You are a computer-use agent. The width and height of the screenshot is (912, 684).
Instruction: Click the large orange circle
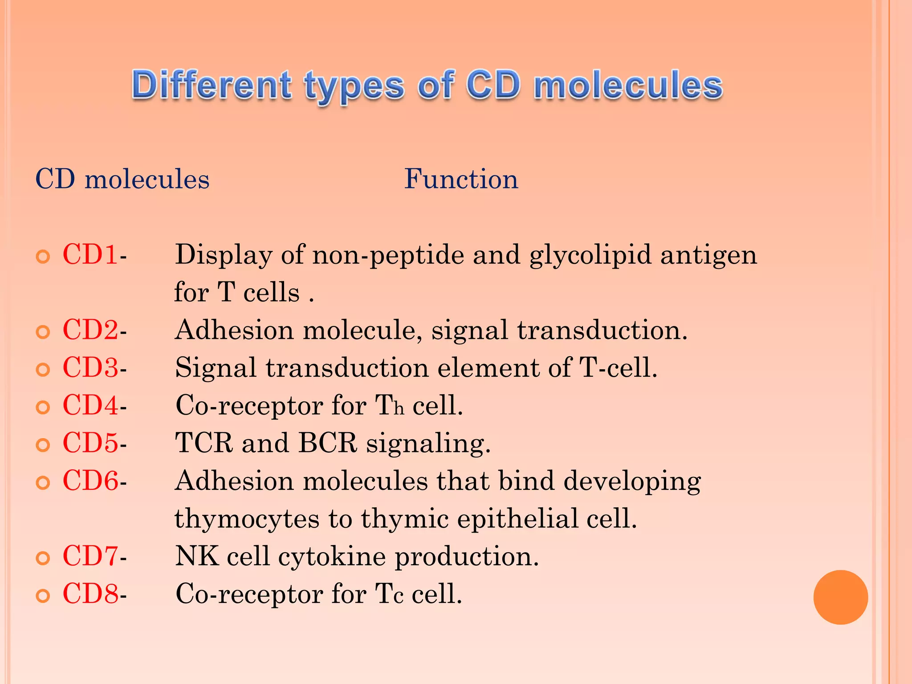point(840,597)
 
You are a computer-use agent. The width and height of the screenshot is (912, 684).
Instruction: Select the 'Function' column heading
point(461,179)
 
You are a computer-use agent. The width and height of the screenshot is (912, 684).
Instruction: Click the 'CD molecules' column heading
point(122,179)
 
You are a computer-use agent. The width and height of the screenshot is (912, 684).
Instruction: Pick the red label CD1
point(90,255)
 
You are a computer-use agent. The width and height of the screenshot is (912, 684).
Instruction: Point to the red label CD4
point(90,405)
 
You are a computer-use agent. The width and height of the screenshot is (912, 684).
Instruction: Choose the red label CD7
point(90,556)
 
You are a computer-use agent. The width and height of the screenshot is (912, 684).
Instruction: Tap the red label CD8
point(90,594)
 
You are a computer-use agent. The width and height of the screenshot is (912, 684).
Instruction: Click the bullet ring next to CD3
point(43,370)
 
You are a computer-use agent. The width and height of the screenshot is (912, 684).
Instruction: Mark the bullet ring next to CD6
point(43,483)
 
